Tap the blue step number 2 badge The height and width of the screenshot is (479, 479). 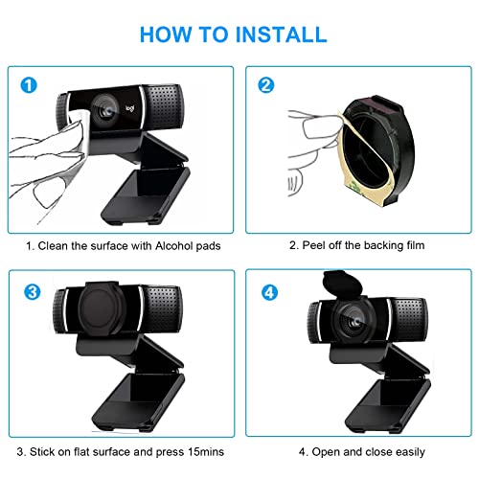[x=266, y=84]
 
